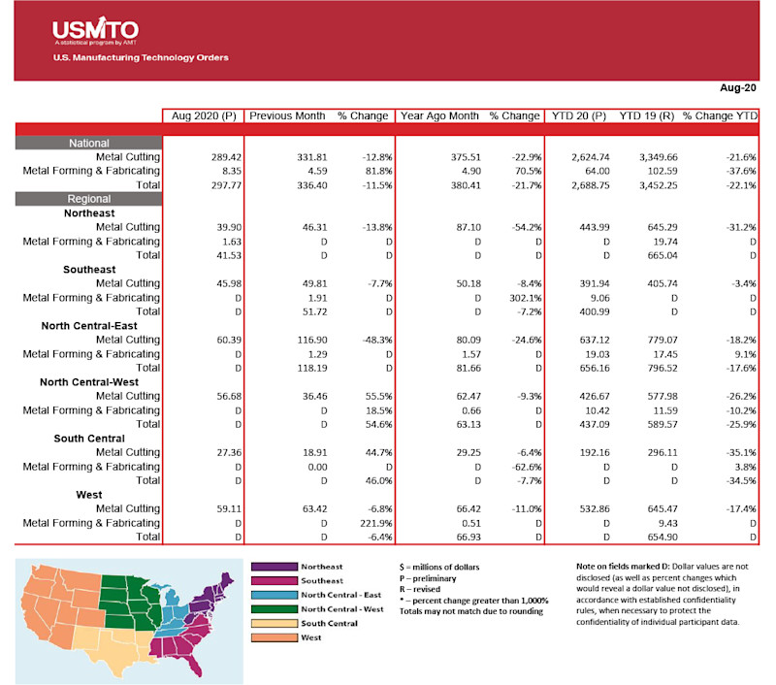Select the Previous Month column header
287,116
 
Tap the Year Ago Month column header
439,116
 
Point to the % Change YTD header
719,116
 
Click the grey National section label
89,143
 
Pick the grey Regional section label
89,198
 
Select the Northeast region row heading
89,212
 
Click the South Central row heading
89,438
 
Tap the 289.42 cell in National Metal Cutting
224,156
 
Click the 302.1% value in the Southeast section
520,297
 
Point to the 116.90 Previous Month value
308,340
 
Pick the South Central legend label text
330,623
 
